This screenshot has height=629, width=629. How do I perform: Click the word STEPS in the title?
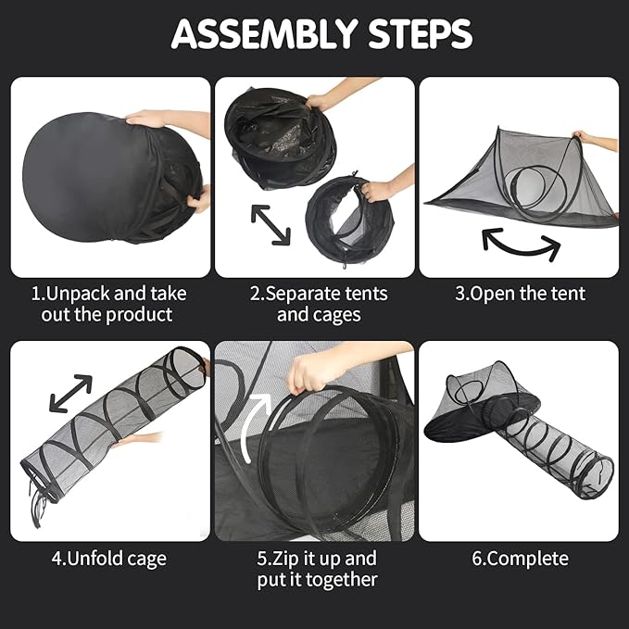coord(420,33)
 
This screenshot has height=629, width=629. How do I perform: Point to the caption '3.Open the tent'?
coord(520,294)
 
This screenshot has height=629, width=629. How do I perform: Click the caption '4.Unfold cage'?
coord(108,559)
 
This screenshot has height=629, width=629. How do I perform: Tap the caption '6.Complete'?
coord(520,559)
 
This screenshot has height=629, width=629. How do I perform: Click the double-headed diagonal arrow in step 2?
coord(270,224)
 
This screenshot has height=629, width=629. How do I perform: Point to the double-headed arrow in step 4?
coord(70,393)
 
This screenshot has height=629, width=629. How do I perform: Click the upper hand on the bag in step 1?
coord(160,120)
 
